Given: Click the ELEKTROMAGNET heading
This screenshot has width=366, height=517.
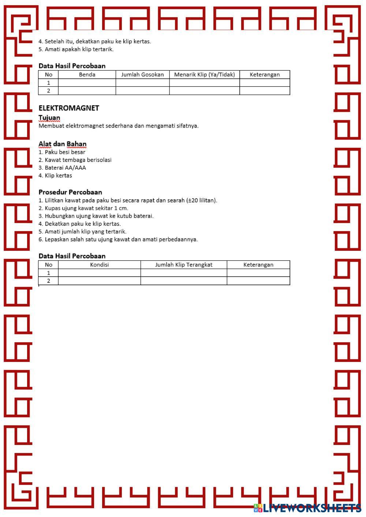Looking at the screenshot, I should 69,108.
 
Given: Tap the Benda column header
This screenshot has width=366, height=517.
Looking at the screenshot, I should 87,75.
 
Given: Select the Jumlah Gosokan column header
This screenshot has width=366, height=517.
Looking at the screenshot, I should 142,75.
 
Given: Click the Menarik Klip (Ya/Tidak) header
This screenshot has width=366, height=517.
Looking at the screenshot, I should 204,75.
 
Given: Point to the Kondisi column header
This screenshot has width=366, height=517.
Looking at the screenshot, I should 99,265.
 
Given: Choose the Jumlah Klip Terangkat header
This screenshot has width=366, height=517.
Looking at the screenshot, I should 184,265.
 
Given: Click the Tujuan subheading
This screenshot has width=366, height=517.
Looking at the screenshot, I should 49,117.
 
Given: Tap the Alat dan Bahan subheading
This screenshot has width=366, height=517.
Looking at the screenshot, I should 62,144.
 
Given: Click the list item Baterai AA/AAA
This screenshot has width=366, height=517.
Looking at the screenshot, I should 65,168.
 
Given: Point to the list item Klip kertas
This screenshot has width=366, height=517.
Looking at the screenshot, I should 58,176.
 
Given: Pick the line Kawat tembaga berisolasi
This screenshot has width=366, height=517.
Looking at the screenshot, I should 78,160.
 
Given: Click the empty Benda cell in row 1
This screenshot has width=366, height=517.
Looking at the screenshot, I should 87,83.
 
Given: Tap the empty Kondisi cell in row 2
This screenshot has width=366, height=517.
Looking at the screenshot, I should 99,281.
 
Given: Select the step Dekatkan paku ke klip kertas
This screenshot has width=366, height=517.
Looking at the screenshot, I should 82,224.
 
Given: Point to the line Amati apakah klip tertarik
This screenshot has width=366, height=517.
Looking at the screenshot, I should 79,49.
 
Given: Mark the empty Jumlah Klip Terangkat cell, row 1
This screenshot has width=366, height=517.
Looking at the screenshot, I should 184,273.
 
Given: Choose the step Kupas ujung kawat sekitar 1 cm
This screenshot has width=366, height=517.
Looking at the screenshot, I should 86,208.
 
